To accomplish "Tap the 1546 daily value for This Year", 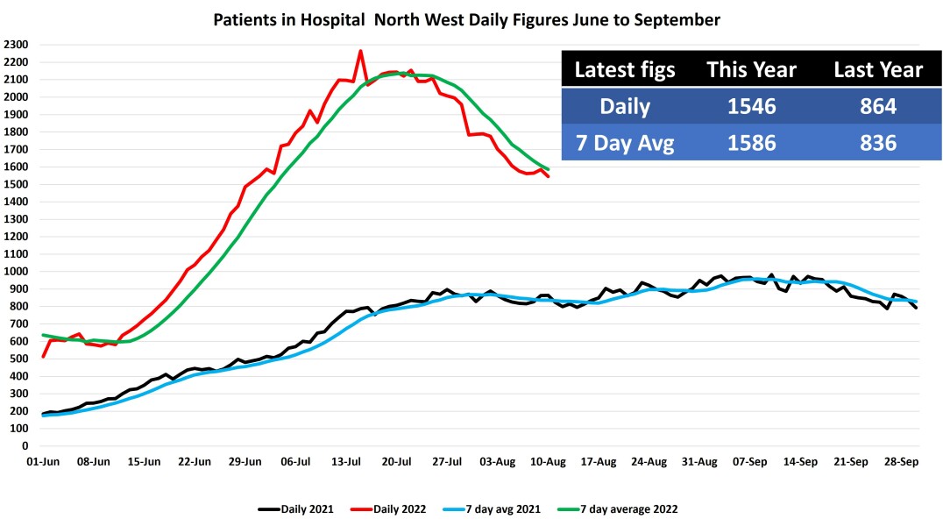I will pos(752,106).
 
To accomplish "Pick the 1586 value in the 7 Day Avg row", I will pos(752,142).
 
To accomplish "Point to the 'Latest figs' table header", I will pos(625,70).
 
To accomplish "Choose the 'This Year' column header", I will pos(752,70).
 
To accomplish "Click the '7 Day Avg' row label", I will pos(625,142).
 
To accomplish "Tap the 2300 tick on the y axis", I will pos(16,45).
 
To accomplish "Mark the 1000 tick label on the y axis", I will pos(16,272).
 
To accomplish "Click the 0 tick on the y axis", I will pos(25,446).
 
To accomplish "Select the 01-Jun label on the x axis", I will pos(43,461).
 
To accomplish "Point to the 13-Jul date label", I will pos(347,461).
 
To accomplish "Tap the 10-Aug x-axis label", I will pos(549,461).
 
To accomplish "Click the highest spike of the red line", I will pos(360,51).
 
